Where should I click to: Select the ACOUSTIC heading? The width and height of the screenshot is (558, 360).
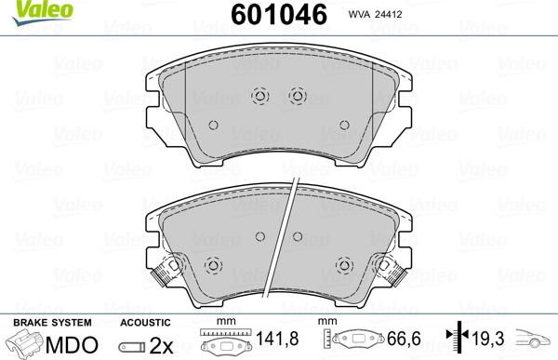146,321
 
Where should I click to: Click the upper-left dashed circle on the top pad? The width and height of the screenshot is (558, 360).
260,95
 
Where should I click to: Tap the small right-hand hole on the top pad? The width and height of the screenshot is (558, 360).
343,126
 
